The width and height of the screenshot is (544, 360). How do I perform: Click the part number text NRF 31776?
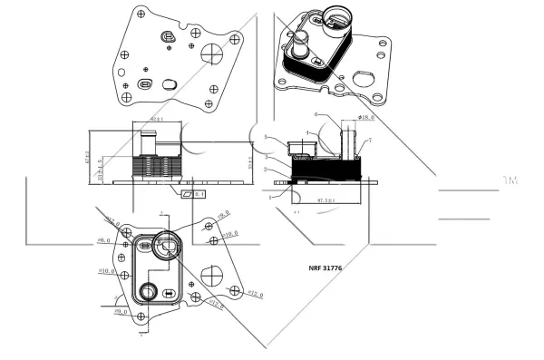pyautogui.click(x=330, y=268)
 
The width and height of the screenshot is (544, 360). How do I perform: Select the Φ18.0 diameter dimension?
pyautogui.click(x=365, y=116)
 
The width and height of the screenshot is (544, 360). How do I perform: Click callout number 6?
pyautogui.click(x=316, y=115)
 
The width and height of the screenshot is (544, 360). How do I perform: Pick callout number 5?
pyautogui.click(x=266, y=136)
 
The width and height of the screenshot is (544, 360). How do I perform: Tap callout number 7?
pyautogui.click(x=370, y=141)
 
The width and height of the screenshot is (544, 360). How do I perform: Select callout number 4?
pyautogui.click(x=307, y=133)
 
